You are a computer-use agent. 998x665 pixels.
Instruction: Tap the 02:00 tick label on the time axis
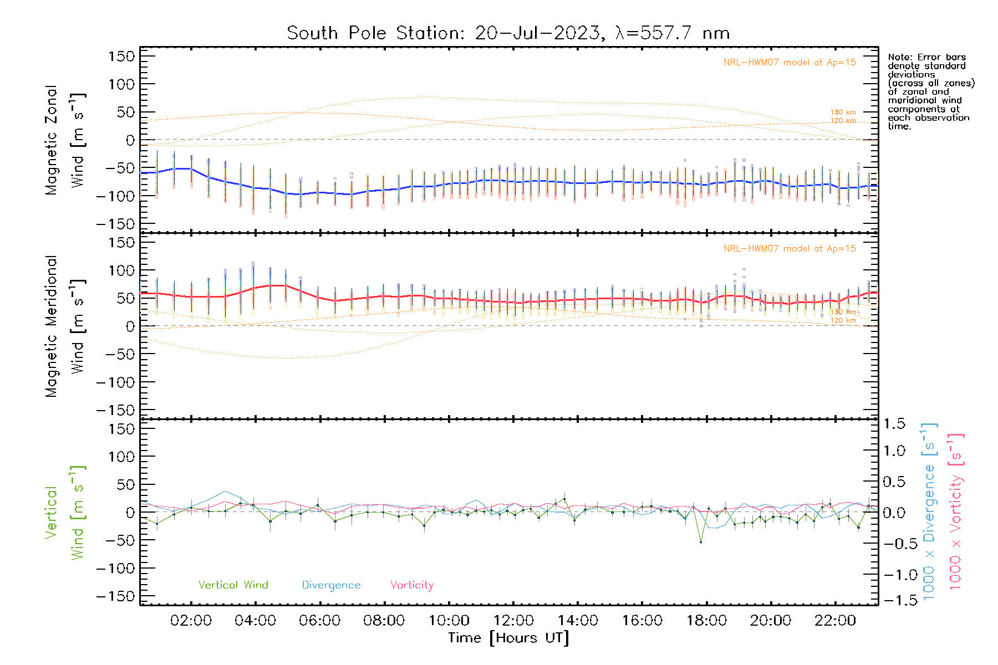191,621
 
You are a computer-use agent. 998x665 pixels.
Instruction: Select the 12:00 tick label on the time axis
513,621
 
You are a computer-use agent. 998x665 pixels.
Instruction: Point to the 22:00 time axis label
835,621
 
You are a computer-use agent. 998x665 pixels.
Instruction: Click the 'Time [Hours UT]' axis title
508,638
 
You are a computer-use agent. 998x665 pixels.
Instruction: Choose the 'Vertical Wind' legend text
233,585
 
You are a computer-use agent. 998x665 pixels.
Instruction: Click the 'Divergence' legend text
331,585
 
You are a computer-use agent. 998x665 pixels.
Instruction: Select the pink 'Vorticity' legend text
411,585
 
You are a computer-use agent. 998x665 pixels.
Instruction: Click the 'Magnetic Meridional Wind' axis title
65,326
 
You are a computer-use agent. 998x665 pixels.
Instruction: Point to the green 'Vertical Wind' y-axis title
65,513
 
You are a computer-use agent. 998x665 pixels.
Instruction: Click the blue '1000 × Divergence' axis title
929,511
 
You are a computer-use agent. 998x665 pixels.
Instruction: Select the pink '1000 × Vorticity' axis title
956,511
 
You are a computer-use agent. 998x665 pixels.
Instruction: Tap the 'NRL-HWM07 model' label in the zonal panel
790,63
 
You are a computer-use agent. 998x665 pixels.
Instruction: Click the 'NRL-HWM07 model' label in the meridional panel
790,249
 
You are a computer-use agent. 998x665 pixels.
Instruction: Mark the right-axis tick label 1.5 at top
894,424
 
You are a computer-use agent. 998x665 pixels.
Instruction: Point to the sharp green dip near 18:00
701,541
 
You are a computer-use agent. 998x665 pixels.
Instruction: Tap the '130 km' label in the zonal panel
843,112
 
